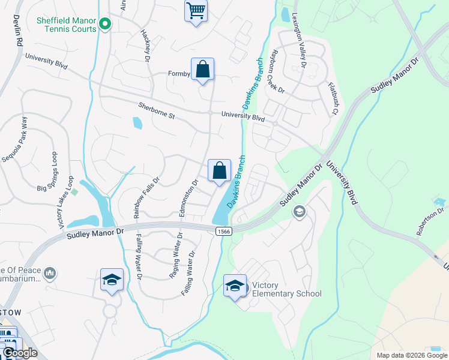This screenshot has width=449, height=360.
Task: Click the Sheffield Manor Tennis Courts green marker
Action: (x=106, y=25)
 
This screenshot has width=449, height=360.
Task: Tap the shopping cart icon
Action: (x=196, y=10)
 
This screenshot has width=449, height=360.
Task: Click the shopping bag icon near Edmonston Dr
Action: (x=220, y=170)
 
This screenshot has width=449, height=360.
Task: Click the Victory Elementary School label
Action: (x=287, y=289)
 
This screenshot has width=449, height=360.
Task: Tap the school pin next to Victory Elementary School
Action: (x=235, y=285)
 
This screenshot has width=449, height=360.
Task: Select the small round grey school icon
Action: (x=300, y=211)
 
